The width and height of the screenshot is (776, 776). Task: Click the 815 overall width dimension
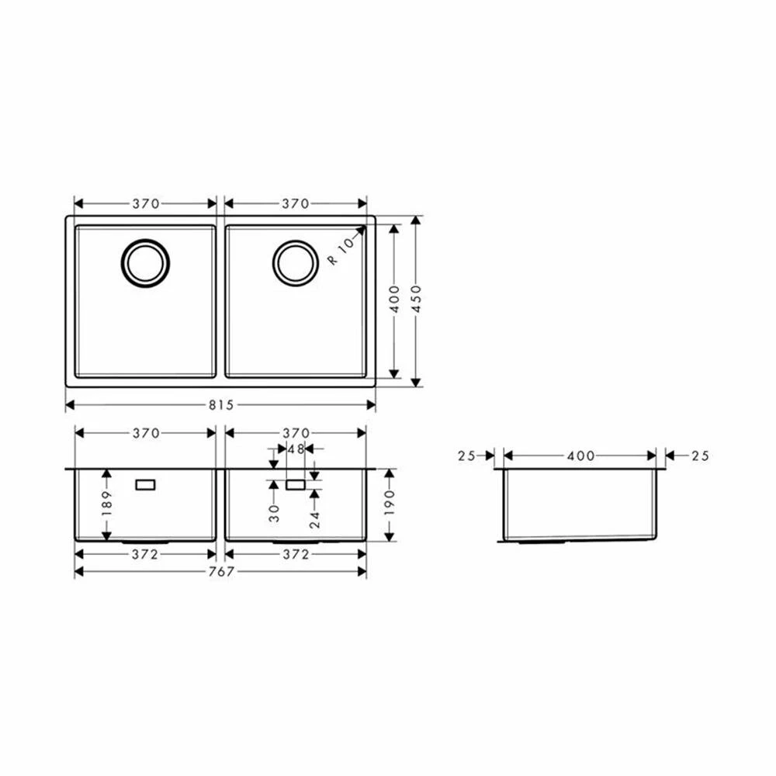click(x=220, y=405)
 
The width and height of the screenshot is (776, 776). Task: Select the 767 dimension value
click(x=220, y=572)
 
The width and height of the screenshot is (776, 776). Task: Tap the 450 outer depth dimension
click(x=416, y=299)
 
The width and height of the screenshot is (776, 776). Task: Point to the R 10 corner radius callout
click(x=342, y=251)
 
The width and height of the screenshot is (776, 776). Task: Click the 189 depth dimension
click(x=107, y=503)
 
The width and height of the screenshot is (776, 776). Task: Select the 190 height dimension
click(x=390, y=503)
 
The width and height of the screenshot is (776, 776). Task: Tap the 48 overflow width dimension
click(x=296, y=449)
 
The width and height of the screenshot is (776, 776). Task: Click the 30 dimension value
click(x=274, y=513)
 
